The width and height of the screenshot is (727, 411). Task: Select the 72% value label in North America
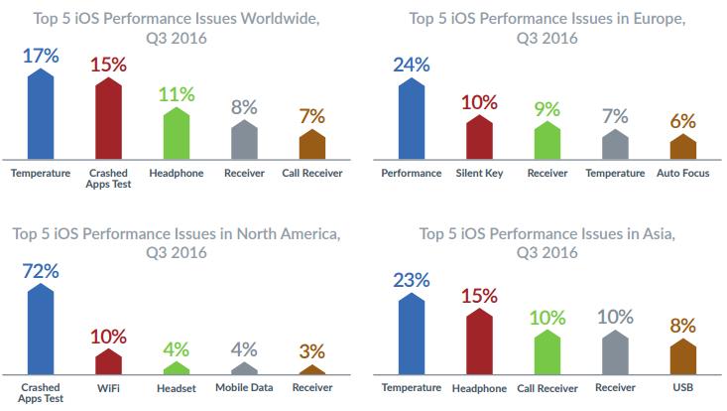40,270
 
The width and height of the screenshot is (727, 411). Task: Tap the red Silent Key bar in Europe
480,139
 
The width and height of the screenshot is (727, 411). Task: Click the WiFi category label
107,387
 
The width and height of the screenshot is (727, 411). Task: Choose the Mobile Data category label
244,387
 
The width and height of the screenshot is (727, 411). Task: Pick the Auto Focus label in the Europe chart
683,173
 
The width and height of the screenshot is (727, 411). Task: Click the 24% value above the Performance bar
411,66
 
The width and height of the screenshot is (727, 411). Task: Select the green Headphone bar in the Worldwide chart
176,134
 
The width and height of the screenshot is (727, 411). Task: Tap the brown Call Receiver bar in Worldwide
311,145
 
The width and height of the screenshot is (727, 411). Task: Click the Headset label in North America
176,387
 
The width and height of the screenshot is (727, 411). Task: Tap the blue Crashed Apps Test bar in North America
40,328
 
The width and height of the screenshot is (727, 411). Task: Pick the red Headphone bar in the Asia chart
480,343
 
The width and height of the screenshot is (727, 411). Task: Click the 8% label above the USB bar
683,325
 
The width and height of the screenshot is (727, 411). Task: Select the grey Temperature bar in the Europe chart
615,146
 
